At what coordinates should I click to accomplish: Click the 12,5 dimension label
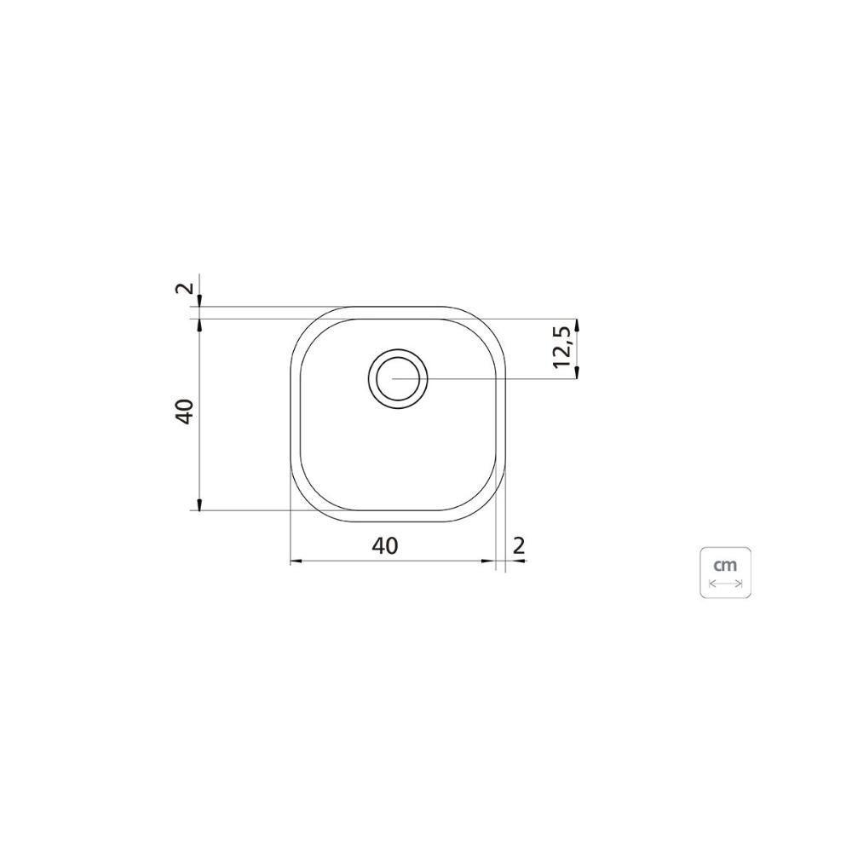click(562, 348)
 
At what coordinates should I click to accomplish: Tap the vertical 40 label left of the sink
click(185, 412)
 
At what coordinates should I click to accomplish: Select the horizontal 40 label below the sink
click(385, 545)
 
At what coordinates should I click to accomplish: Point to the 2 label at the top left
click(184, 287)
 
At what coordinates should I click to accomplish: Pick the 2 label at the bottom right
click(519, 545)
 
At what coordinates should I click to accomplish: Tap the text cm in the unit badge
click(725, 565)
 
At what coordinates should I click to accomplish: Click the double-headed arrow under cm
click(726, 584)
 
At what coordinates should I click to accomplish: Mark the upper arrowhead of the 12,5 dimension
click(577, 325)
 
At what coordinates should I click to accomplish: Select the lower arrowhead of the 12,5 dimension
click(577, 372)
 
